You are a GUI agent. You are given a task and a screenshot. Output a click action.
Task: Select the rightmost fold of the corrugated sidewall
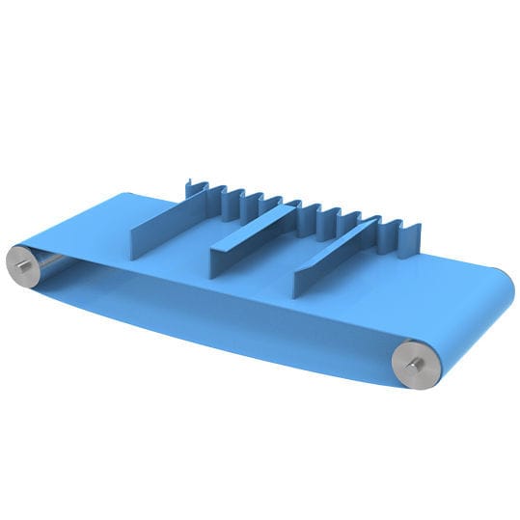(413, 235)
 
